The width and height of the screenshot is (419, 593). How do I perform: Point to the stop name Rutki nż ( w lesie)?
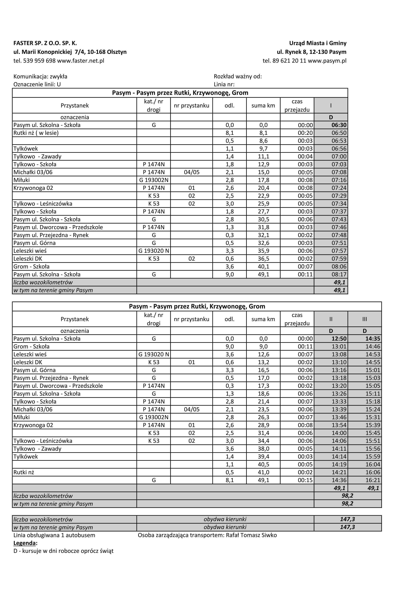click(36, 133)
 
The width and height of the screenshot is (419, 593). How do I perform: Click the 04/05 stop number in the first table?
click(192, 172)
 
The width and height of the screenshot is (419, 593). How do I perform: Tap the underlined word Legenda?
click(24, 543)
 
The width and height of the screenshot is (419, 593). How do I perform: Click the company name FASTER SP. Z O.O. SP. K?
click(45, 43)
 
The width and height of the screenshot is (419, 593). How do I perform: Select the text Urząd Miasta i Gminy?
click(318, 43)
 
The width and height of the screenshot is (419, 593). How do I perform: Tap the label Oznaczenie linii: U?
click(37, 85)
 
